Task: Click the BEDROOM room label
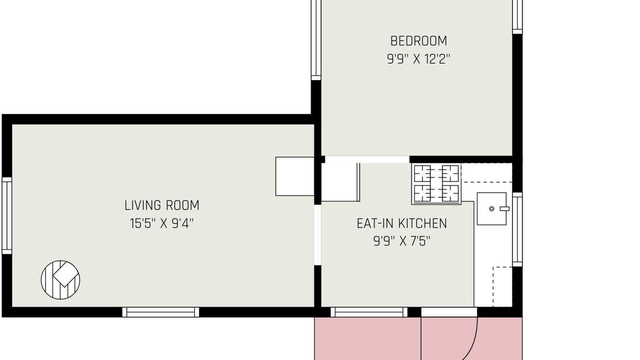click(418, 41)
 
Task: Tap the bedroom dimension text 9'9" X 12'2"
click(418, 59)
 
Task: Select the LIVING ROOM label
click(161, 205)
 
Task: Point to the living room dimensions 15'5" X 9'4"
click(161, 223)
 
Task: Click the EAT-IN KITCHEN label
click(401, 223)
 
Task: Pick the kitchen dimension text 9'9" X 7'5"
click(401, 241)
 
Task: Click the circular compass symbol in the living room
click(60, 279)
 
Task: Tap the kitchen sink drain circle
click(491, 209)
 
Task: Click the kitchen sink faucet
click(504, 209)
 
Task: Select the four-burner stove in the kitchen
click(436, 183)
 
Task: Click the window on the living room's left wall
click(7, 215)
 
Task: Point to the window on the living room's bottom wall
click(160, 312)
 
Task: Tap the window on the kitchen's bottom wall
click(369, 312)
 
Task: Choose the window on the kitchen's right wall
click(517, 229)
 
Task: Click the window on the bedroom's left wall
click(316, 40)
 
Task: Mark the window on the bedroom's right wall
click(517, 17)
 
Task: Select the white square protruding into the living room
click(295, 176)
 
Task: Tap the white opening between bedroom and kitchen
click(367, 159)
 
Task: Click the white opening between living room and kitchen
click(317, 235)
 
